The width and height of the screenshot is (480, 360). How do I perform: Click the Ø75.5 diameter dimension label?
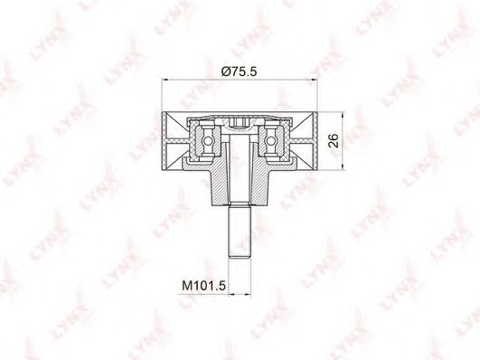click(239, 71)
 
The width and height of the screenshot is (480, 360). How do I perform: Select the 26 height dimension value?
click(334, 140)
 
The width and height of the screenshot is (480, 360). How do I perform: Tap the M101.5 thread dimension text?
click(203, 286)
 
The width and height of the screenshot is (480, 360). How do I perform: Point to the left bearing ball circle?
click(208, 141)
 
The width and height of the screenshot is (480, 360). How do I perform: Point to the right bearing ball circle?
click(270, 141)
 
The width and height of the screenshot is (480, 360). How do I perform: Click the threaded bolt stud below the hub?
click(240, 231)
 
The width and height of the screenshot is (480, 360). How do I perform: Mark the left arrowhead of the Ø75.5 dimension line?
click(165, 81)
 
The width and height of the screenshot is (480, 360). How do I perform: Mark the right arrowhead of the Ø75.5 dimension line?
click(314, 81)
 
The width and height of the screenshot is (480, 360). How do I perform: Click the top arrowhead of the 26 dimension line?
click(343, 115)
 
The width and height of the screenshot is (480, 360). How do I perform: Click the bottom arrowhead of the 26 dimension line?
click(343, 166)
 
